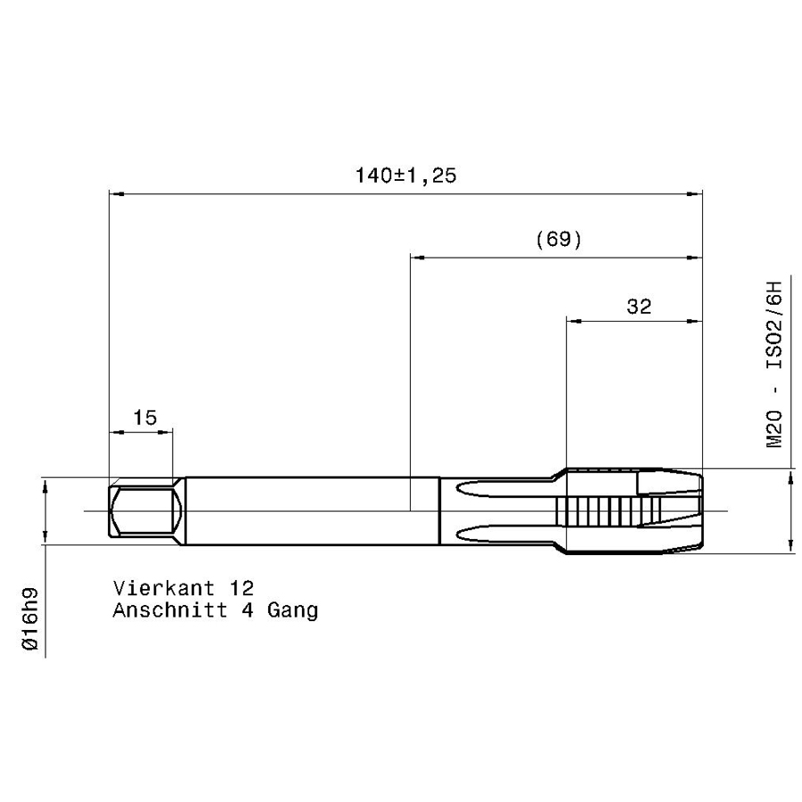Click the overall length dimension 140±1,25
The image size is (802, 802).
(x=405, y=176)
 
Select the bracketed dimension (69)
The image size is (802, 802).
(x=559, y=239)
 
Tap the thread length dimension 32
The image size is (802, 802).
(x=639, y=307)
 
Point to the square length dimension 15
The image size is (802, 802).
(x=144, y=417)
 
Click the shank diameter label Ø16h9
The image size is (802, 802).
(x=30, y=619)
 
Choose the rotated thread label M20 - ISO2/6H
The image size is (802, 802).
(x=773, y=364)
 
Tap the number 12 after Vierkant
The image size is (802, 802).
(x=241, y=588)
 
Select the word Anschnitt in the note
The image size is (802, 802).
(x=170, y=610)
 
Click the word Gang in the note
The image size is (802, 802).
(x=292, y=610)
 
